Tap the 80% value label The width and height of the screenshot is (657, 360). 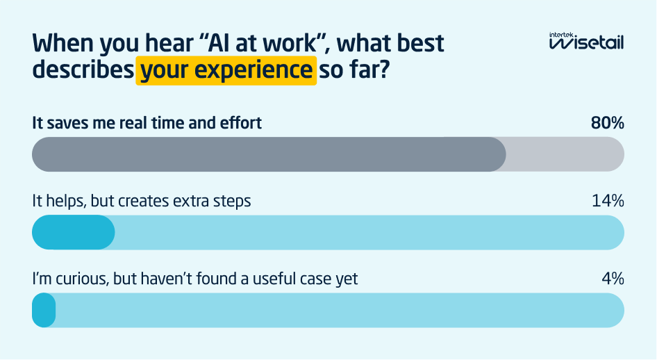(x=607, y=124)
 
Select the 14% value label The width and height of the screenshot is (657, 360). (x=608, y=202)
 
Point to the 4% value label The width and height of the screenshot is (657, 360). (x=613, y=279)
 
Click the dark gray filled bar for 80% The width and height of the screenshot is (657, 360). (x=269, y=154)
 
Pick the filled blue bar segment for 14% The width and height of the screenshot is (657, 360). (x=74, y=232)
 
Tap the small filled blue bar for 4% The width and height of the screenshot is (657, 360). (x=44, y=310)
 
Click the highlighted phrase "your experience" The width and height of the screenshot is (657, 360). (x=226, y=71)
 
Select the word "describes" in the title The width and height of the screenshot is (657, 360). (x=82, y=71)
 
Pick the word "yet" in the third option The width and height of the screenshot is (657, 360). (x=347, y=280)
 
